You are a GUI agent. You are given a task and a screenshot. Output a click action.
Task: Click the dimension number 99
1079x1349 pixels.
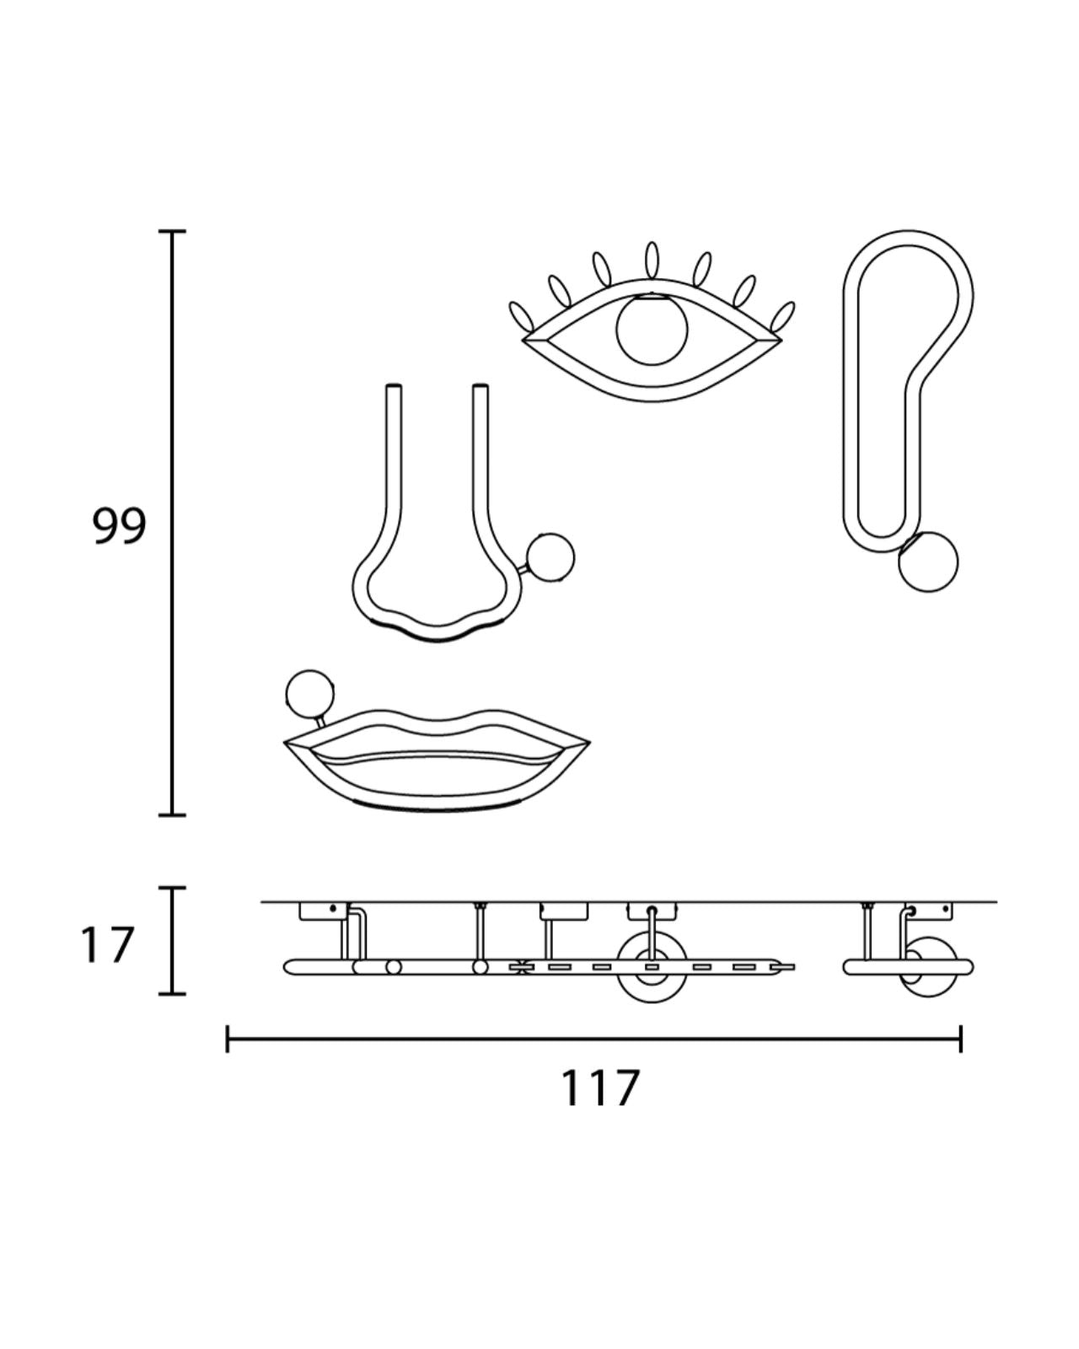click(119, 525)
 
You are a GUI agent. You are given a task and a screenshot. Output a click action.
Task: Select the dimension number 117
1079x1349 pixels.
click(600, 1088)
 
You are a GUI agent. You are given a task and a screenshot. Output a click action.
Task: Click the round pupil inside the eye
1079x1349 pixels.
click(652, 329)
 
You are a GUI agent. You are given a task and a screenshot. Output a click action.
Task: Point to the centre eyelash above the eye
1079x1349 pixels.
click(652, 261)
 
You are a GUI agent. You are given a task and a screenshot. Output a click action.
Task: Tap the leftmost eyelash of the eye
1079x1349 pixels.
click(520, 317)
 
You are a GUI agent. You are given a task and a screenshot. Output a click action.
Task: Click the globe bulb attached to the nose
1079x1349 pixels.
click(550, 557)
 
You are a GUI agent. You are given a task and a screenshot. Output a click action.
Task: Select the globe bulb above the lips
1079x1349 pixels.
click(309, 694)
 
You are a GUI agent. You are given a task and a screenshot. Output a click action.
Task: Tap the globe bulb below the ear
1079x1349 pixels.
click(928, 562)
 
